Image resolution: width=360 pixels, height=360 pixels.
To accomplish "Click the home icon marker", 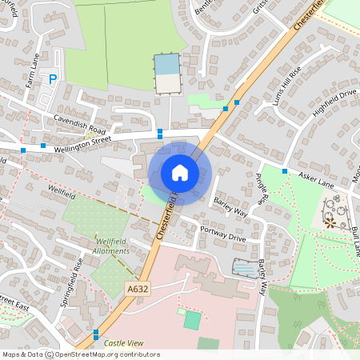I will tap(179, 172).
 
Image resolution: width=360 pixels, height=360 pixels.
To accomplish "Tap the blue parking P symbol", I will tap(53, 79).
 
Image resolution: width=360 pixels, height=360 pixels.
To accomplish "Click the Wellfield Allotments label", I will tap(112, 246).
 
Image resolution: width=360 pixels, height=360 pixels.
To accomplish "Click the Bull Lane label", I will tap(354, 240).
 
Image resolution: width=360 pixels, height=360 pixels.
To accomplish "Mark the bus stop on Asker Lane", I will tap(285, 170).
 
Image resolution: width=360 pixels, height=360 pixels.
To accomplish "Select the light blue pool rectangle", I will tap(167, 63).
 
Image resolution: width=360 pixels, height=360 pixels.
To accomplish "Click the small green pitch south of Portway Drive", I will tap(193, 320).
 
